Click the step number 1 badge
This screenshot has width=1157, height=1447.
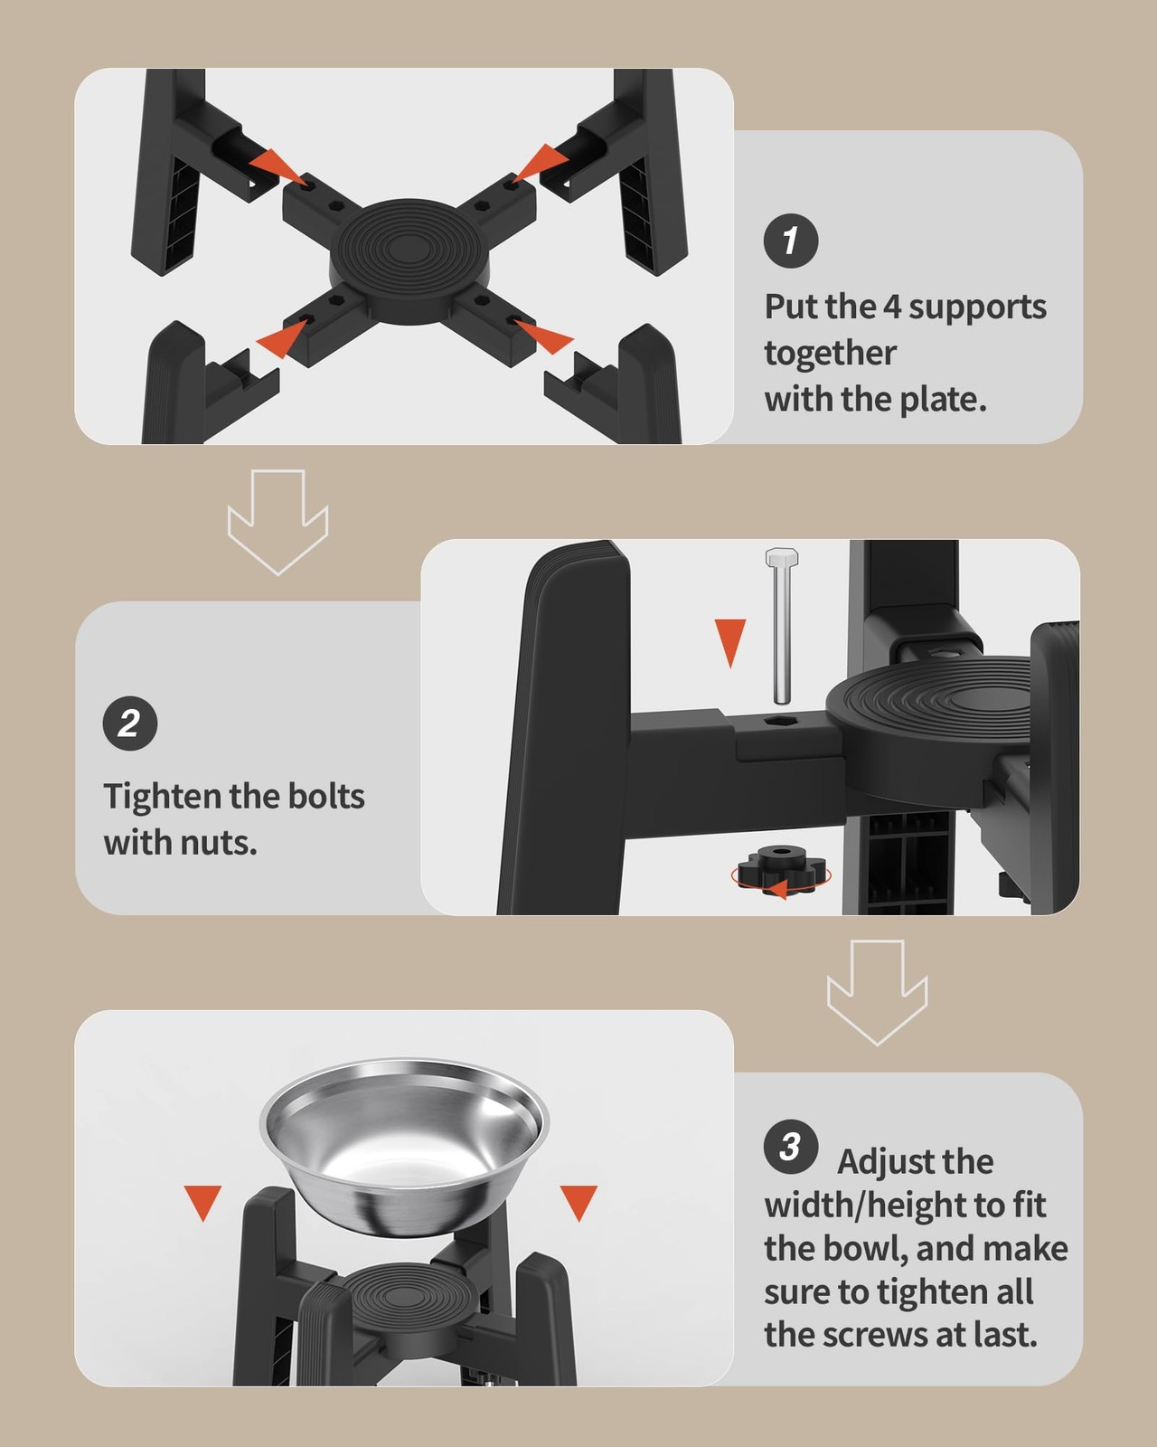coord(791,241)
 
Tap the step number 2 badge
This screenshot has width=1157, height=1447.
coord(130,723)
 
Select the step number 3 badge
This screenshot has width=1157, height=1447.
coord(791,1147)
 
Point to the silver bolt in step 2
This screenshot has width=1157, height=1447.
coord(781,626)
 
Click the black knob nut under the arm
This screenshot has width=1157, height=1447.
coord(781,869)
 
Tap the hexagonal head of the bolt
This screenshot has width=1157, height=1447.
coord(782,557)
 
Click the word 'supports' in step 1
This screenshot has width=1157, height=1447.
coord(977,308)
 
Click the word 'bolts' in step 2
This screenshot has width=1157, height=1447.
coord(326,796)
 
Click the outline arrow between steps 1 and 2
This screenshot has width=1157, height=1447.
coord(277,522)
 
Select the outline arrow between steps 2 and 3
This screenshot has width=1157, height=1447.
coord(878,992)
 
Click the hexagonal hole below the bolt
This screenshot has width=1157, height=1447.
coord(780,720)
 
